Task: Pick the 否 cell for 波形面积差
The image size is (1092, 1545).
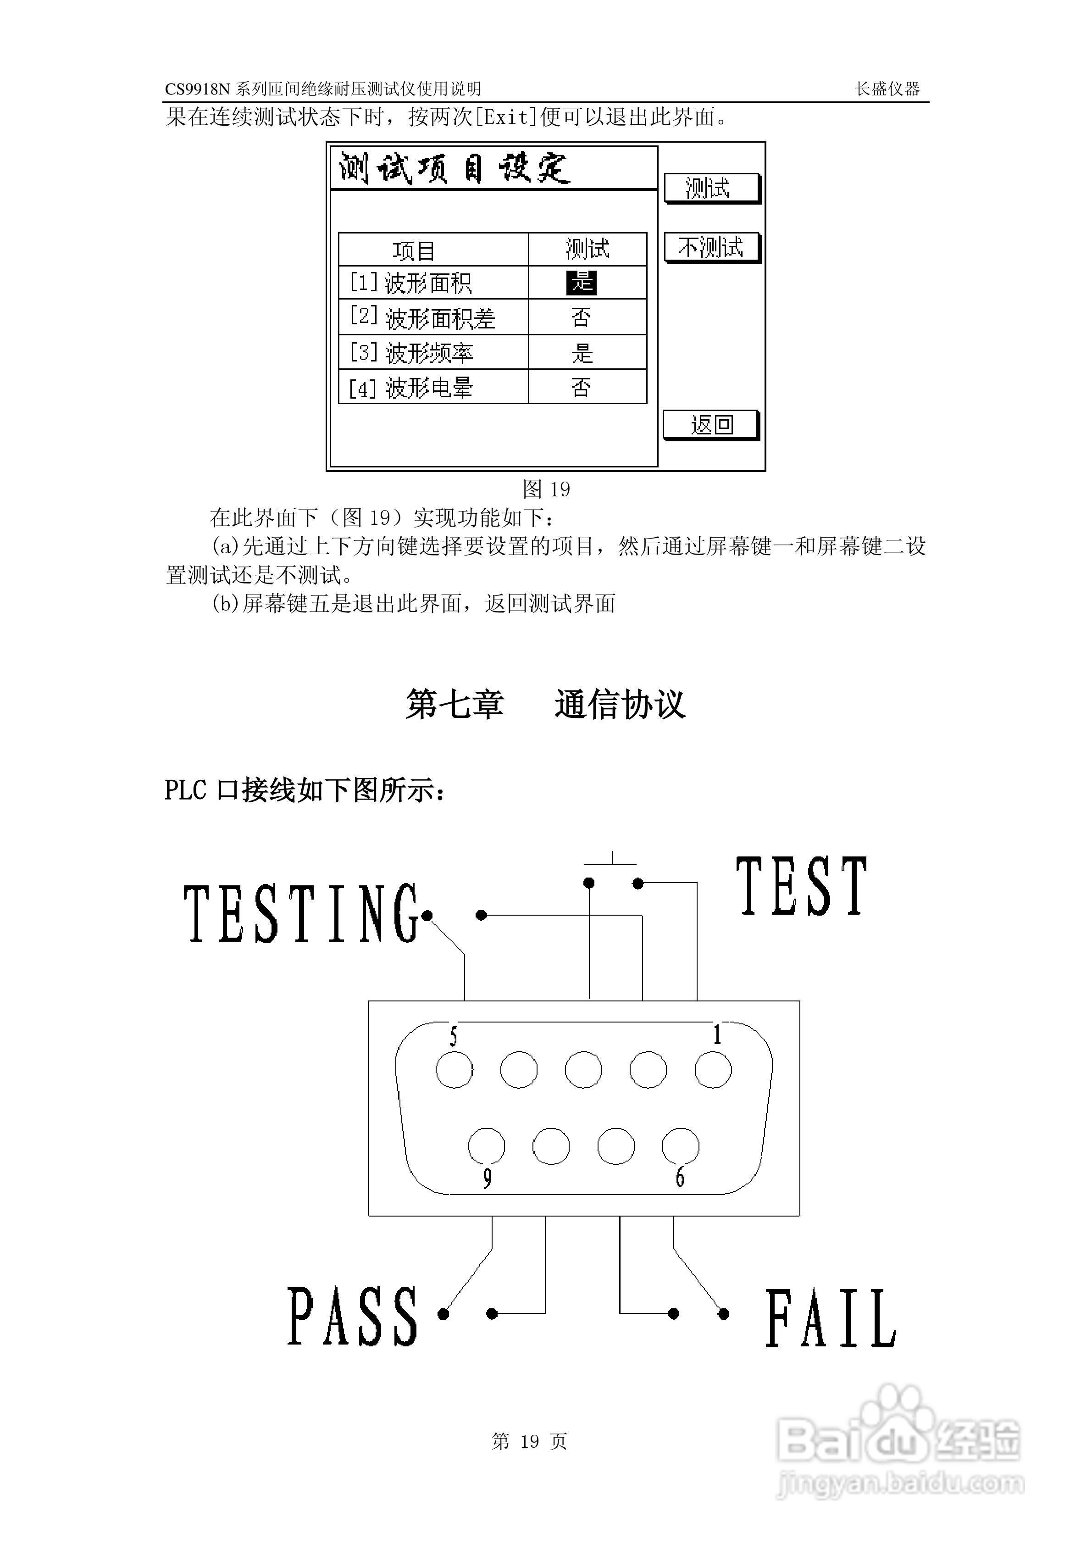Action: tap(582, 317)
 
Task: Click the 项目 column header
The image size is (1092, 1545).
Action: tap(414, 251)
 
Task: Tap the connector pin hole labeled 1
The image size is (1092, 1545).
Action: tap(713, 1069)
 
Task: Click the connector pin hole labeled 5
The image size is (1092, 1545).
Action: tap(454, 1069)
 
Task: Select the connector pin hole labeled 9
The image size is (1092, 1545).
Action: tap(487, 1146)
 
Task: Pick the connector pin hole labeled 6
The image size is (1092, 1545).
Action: tap(680, 1146)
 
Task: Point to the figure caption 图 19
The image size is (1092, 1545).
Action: tap(546, 489)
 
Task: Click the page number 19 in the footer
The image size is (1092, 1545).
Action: tap(530, 1441)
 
